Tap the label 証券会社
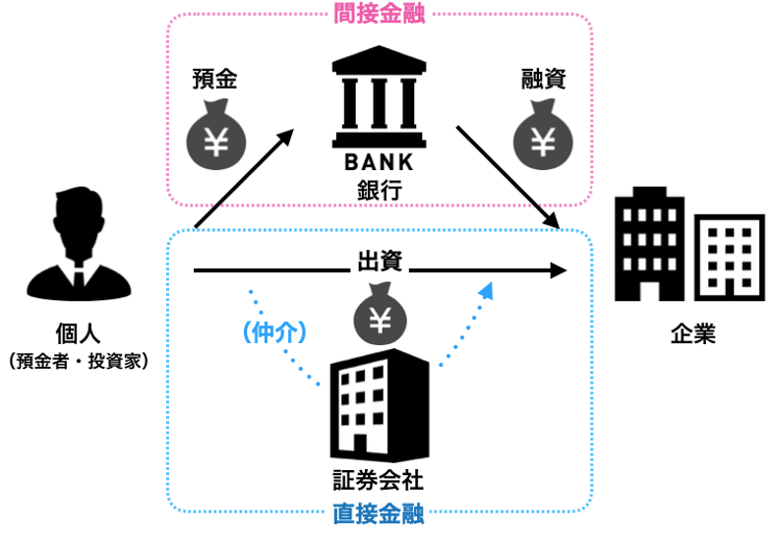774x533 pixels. click(x=380, y=482)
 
